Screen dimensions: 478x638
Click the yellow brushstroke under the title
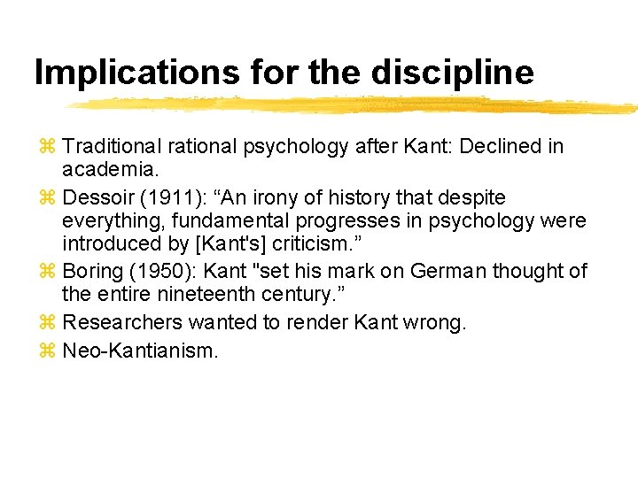point(354,105)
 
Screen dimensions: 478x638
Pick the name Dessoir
point(97,197)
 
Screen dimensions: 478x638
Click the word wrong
point(434,322)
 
